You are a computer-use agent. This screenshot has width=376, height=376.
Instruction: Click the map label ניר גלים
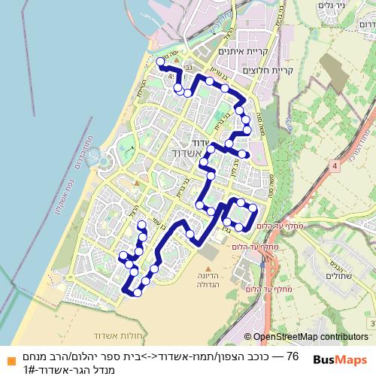point(331,6)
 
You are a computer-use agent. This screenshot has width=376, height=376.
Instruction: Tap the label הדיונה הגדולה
point(208,280)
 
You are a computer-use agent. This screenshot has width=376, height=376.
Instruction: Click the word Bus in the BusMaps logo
point(325,359)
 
